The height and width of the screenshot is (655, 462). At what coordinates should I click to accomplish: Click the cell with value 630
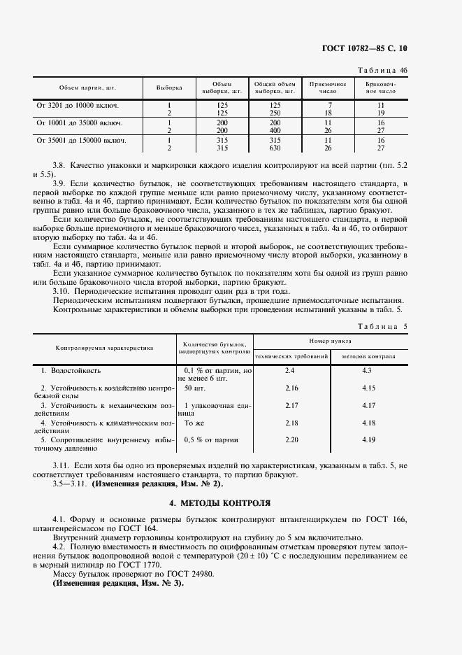pyautogui.click(x=275, y=148)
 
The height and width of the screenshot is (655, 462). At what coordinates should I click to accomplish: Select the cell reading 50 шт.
pyautogui.click(x=195, y=388)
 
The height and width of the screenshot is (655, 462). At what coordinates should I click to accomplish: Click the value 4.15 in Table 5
pyautogui.click(x=368, y=388)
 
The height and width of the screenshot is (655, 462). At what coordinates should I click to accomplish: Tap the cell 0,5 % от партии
pyautogui.click(x=210, y=440)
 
